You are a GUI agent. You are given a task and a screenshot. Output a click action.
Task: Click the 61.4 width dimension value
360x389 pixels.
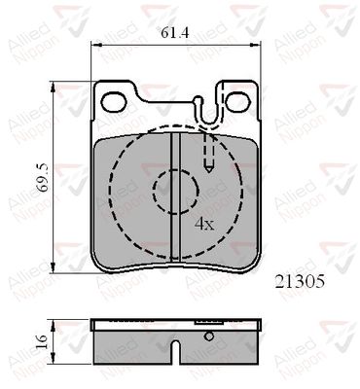pos(175,33)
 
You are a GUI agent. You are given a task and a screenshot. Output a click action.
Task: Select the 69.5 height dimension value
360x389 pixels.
pos(43,178)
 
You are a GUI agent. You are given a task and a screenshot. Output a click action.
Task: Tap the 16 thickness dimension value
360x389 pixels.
pos(42,341)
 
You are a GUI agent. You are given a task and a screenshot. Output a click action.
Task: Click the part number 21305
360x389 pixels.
pos(300,281)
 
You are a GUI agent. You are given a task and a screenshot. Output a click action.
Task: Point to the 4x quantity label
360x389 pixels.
pos(204,224)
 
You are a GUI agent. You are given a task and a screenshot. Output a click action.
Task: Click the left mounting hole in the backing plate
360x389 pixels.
pos(114,102)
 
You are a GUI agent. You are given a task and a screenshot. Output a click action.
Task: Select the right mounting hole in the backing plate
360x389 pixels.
pos(238,102)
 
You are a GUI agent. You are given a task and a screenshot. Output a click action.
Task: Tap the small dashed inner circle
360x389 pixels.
pos(175,192)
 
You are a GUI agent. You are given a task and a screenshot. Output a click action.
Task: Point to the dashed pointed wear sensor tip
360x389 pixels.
pos(208,167)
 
